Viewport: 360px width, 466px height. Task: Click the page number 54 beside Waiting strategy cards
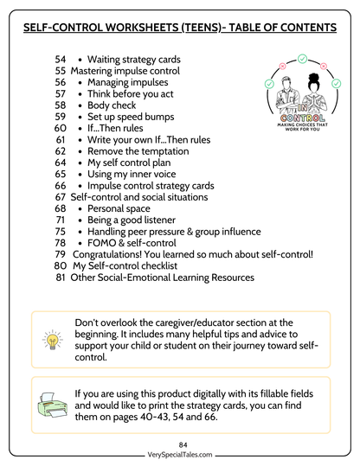coord(60,60)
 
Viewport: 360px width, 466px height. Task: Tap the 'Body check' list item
coord(112,105)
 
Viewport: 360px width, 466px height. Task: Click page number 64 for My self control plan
coord(60,163)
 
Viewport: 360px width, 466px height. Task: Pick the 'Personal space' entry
coord(122,208)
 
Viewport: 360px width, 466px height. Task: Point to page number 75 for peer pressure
coord(60,232)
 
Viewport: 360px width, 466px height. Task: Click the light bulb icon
coord(52,338)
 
